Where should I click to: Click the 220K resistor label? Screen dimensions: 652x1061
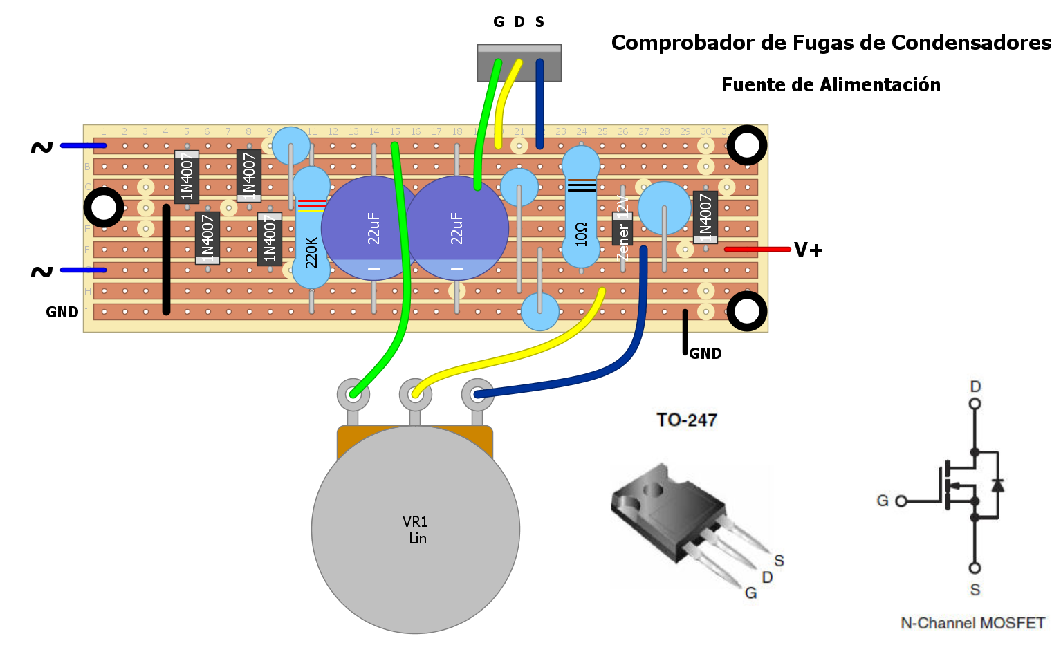click(x=311, y=252)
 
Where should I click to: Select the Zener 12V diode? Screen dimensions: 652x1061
click(x=622, y=228)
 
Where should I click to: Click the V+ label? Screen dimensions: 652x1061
click(x=808, y=250)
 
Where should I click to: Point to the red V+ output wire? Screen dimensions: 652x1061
click(x=757, y=249)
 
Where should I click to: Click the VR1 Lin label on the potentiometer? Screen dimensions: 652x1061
click(x=416, y=530)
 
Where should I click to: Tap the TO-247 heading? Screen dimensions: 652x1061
click(x=686, y=420)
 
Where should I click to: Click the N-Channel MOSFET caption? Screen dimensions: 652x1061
click(x=972, y=623)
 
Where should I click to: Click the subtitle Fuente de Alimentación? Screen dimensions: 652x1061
click(x=831, y=85)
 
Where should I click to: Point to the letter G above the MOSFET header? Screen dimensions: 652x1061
click(x=498, y=22)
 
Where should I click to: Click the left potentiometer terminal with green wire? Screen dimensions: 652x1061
click(x=353, y=395)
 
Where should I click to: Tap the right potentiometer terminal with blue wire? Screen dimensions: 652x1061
click(x=477, y=395)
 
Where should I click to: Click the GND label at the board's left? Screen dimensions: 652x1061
click(x=62, y=312)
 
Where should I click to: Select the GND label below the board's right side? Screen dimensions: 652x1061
click(x=705, y=353)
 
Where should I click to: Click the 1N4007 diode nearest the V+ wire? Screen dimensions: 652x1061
click(x=705, y=216)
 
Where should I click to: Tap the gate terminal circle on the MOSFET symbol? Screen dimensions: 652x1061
click(x=901, y=501)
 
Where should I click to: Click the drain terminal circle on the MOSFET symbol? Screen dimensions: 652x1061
click(x=975, y=404)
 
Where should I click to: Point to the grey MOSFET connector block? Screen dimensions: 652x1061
click(x=519, y=63)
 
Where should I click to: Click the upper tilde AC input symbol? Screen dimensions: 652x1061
click(x=41, y=147)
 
